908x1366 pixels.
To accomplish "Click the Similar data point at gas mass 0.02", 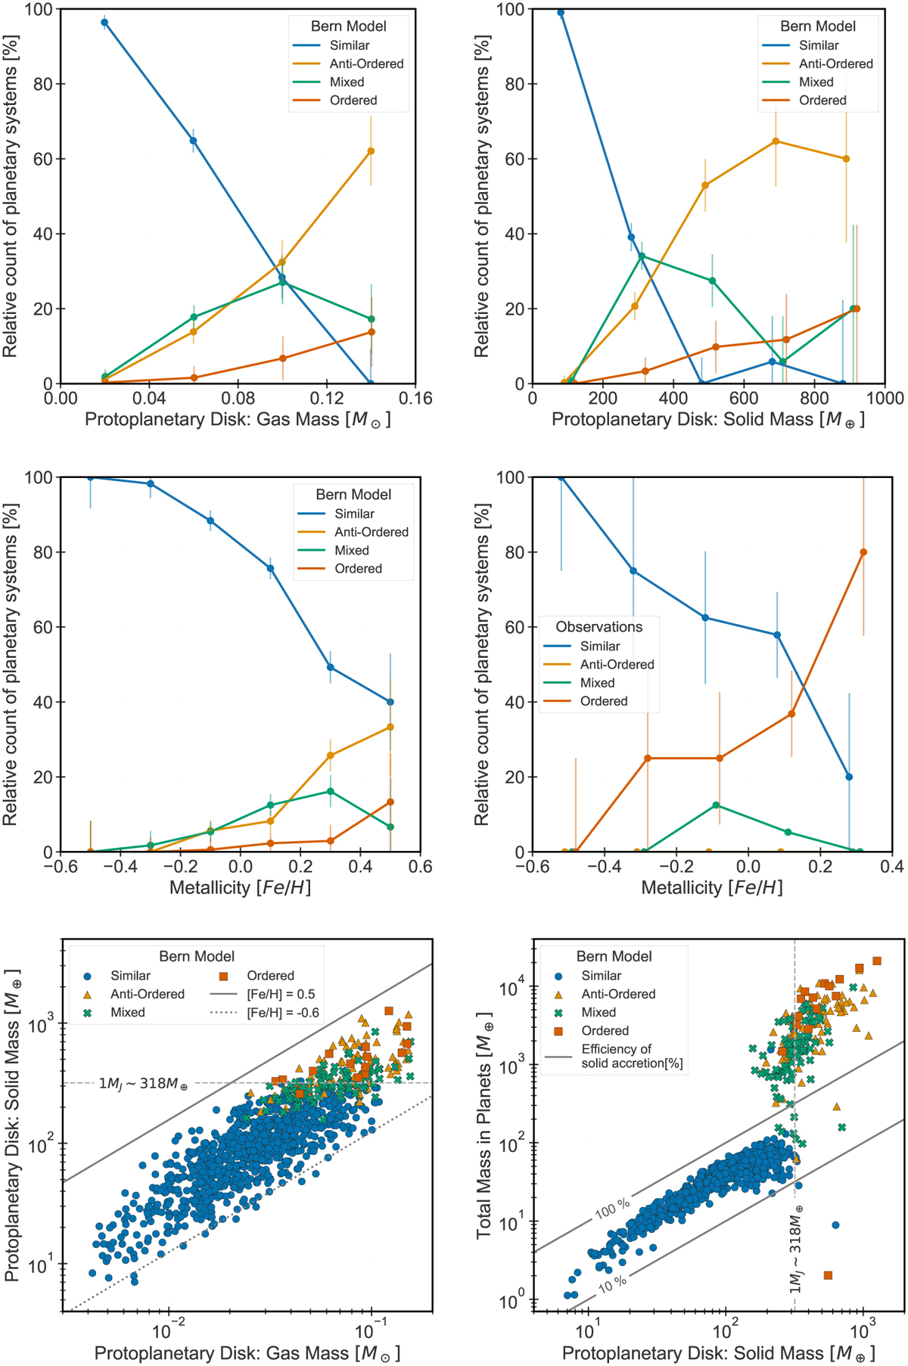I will [104, 23].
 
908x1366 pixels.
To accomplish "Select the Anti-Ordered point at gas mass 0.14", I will [371, 151].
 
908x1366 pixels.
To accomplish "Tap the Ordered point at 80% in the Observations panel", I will [863, 552].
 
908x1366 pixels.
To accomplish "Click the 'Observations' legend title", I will [599, 627].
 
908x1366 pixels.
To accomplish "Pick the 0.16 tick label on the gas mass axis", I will [415, 399].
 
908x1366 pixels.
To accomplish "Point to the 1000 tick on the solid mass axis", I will [885, 399].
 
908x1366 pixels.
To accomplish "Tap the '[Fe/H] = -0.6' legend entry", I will [283, 1012].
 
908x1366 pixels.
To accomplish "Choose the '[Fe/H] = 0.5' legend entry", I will [281, 994].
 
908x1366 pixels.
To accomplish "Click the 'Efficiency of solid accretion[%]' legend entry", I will [632, 1056].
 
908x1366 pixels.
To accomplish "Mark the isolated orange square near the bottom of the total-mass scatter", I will [828, 1275].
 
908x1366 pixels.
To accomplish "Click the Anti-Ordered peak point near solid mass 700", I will [776, 141].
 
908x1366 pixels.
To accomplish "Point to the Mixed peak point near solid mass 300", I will [642, 256].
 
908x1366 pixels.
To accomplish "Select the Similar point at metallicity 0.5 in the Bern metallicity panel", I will [390, 702].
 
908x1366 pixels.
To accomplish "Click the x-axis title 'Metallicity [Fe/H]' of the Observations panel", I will [711, 887].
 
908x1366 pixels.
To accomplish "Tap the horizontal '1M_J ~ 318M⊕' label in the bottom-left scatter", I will [143, 1084].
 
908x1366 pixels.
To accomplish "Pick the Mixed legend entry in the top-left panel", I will [347, 82].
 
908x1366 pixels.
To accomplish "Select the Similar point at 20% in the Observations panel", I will [849, 777].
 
